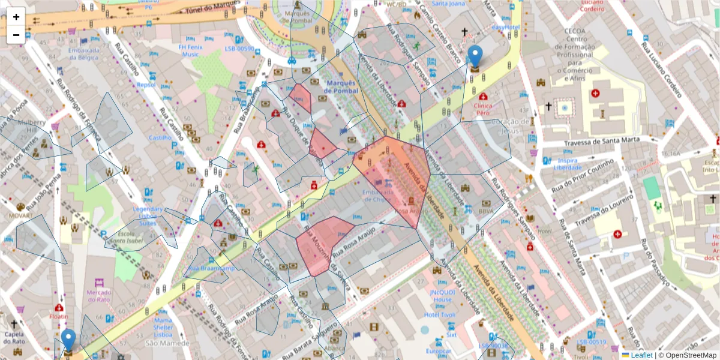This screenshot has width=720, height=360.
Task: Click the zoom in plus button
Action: coord(16,17)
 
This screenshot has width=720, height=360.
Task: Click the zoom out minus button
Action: coord(16,35)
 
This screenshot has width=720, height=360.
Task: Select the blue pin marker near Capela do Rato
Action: coord(69,340)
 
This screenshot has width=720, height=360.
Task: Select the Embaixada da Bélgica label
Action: coord(83,54)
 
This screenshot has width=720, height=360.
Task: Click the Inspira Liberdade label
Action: coord(567,164)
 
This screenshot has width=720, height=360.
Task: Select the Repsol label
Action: coord(146,85)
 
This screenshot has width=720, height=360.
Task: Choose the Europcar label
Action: coord(438,351)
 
